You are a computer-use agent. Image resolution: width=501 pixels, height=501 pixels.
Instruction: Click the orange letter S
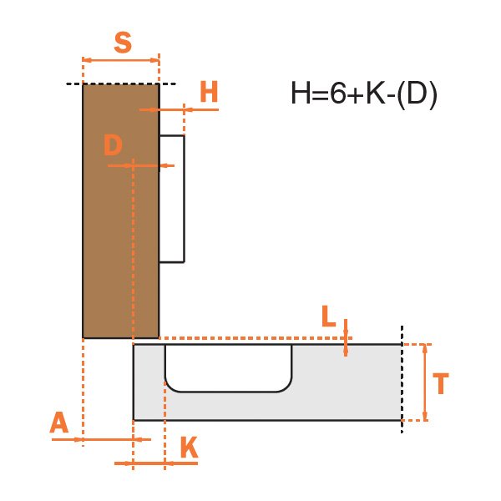123,43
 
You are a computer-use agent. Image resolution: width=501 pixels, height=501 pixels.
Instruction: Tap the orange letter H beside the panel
209,91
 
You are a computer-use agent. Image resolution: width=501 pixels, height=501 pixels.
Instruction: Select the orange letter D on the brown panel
113,144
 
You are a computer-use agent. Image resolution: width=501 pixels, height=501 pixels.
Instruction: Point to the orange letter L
329,316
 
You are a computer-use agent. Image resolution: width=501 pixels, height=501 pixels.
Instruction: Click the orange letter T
441,383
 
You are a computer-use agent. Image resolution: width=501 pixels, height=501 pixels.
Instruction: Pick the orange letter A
59,422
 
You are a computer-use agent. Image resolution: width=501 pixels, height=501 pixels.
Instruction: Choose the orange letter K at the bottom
190,448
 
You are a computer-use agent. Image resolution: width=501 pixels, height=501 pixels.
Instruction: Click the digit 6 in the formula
339,93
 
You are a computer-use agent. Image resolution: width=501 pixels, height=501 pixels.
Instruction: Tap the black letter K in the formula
376,93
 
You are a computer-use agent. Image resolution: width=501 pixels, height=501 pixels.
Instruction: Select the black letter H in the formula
301,93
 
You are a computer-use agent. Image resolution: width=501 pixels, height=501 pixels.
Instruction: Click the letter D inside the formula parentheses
417,93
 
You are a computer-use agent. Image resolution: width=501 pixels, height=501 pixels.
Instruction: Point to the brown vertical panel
121,211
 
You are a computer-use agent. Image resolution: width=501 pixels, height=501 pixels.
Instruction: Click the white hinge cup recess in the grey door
229,368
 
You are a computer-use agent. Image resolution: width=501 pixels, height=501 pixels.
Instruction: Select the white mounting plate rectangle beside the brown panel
172,199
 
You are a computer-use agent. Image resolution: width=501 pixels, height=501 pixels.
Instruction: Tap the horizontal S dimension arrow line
121,60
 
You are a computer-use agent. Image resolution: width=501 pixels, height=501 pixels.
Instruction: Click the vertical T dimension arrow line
425,382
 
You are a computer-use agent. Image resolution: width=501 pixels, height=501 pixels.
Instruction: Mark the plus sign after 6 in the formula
357,94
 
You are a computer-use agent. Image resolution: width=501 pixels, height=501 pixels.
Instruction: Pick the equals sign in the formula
321,94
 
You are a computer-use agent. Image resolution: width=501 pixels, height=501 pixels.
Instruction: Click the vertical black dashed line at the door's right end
402,379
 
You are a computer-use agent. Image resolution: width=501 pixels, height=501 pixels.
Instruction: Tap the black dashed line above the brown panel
121,83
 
